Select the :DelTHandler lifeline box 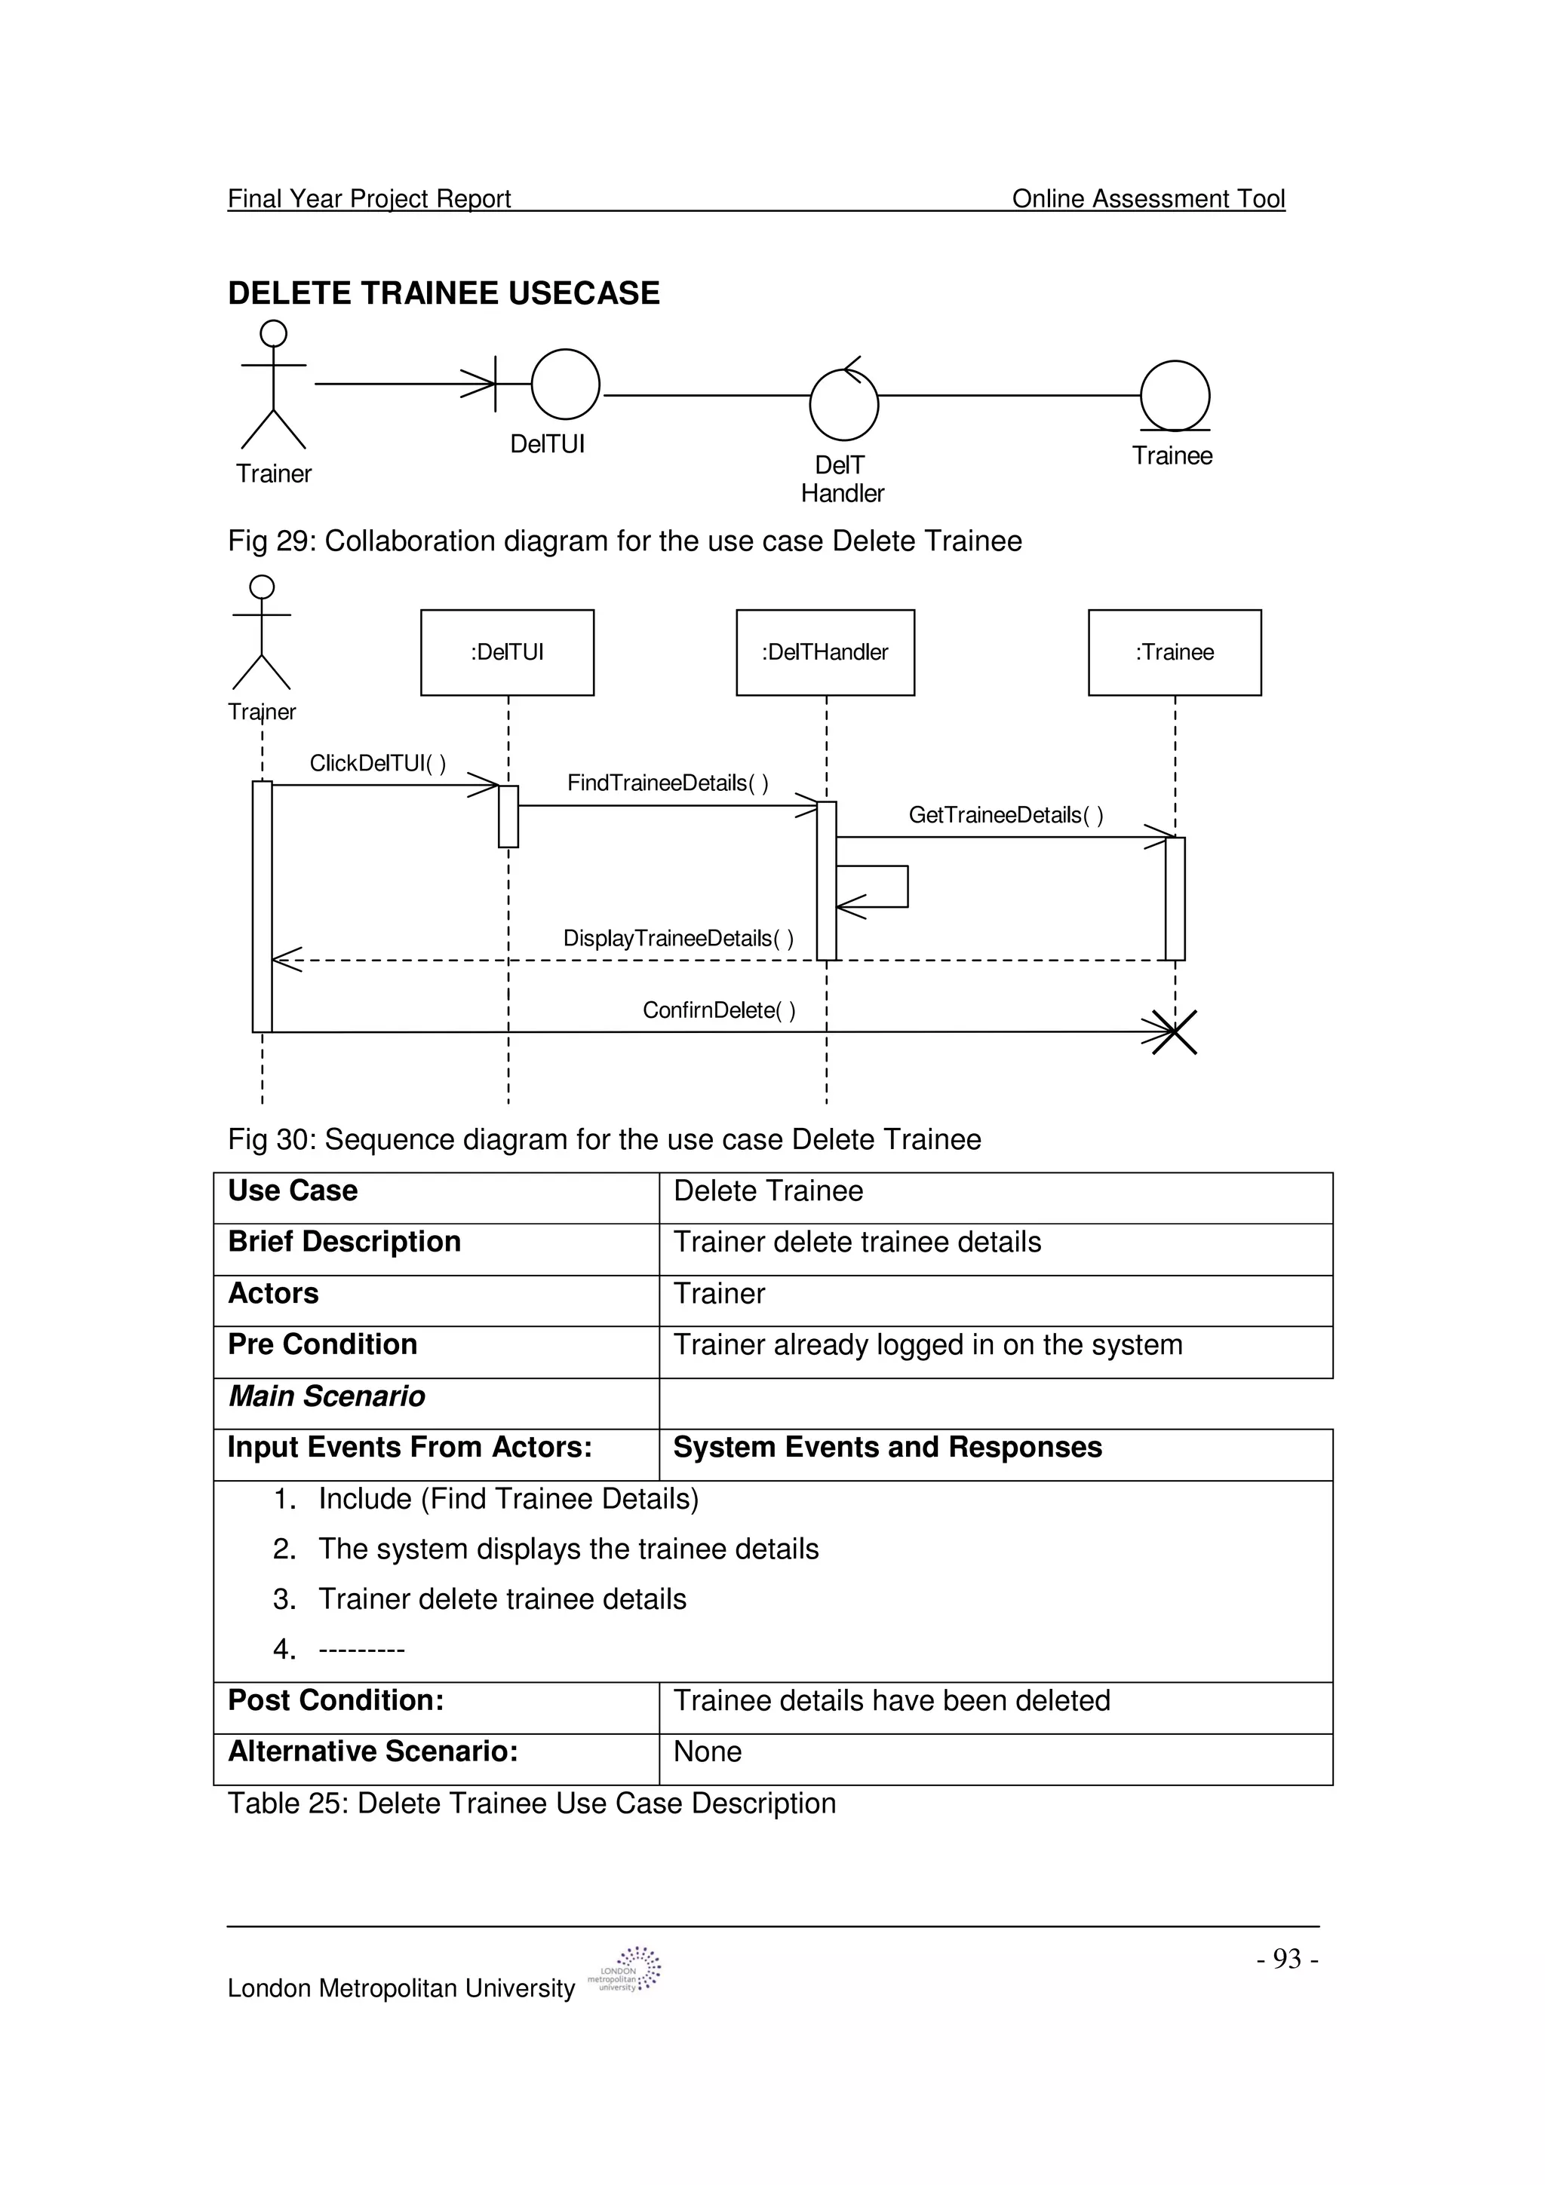[825, 652]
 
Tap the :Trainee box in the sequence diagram [1174, 652]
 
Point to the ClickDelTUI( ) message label [377, 763]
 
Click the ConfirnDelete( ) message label [719, 1010]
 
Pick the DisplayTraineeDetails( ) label [677, 939]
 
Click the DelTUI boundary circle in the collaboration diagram [566, 385]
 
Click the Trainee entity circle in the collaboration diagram [1175, 395]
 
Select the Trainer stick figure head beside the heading [273, 333]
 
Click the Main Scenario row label [327, 1396]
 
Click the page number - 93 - [1286, 1959]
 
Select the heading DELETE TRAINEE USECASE [444, 293]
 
